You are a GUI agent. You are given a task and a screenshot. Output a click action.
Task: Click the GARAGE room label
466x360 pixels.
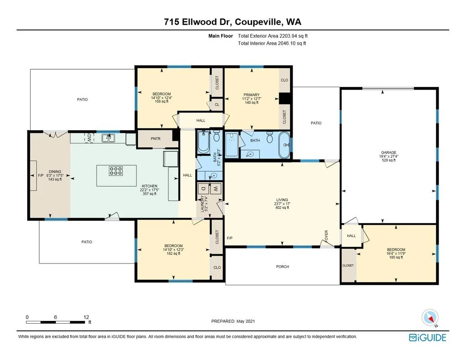coord(389,152)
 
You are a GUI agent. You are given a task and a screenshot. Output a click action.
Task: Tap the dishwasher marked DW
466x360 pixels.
coord(89,137)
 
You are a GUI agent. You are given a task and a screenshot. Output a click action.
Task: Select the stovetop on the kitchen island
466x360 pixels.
coord(116,171)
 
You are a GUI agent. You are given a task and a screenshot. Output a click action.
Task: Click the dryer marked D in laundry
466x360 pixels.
coord(203,188)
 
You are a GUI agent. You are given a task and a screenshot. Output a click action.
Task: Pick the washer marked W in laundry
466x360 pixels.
coord(216,188)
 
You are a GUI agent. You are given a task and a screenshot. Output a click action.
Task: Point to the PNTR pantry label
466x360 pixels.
coord(156,138)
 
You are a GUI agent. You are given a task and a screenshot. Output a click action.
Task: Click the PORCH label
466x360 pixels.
coord(282,267)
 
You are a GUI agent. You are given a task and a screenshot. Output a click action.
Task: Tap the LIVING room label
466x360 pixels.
coord(282,200)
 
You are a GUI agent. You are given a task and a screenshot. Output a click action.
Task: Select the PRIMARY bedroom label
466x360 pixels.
coord(251,95)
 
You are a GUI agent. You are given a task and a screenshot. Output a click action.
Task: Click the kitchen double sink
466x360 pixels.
coord(108,138)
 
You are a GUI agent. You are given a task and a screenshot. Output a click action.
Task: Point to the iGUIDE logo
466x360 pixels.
coord(428,338)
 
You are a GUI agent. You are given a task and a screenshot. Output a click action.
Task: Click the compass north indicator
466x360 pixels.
coord(430,318)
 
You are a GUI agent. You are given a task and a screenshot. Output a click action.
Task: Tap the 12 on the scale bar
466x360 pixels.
coord(86,317)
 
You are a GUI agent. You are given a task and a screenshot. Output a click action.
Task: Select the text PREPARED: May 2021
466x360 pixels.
coord(233,321)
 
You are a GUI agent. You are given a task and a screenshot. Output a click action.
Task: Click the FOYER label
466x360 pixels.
coord(326,236)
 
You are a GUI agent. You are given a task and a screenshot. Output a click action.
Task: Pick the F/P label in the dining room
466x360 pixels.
coord(41,175)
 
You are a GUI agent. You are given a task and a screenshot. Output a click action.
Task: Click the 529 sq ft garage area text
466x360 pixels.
coord(389,160)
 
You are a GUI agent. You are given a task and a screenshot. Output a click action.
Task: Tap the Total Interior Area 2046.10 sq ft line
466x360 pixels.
coord(272,43)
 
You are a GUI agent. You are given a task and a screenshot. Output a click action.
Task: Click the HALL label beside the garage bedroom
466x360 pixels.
coord(351,236)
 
